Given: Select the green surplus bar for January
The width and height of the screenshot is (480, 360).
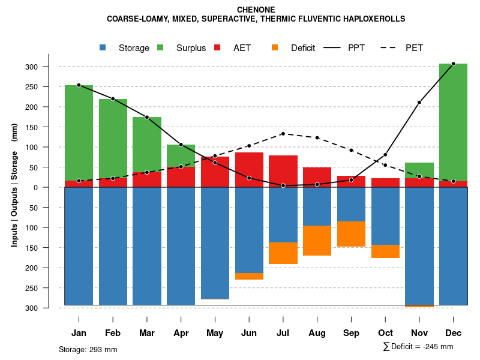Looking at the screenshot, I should coord(79,133).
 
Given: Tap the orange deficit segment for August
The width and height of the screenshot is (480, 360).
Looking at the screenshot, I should coord(317,241).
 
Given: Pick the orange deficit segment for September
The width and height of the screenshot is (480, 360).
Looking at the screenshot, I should coord(351,234).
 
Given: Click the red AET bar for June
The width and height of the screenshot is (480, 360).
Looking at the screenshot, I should coord(249,170).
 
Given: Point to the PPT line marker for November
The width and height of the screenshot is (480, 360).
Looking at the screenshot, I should coord(419,103).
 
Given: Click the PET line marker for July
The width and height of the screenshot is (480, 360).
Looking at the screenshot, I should coord(283,134).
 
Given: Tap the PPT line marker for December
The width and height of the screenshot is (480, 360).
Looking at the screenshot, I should coord(453,64).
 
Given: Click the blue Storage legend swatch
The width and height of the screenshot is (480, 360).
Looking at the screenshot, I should coord(103,47).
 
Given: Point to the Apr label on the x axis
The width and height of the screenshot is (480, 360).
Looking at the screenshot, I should coord(181,333).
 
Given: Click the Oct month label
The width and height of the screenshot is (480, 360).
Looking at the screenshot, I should coord(385,333).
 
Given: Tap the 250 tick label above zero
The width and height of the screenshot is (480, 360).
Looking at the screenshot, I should coord(49,87).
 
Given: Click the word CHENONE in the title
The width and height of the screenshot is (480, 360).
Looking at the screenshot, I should coord(256,10).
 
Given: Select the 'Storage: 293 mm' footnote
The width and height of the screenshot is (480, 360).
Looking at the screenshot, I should coord(88,349).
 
